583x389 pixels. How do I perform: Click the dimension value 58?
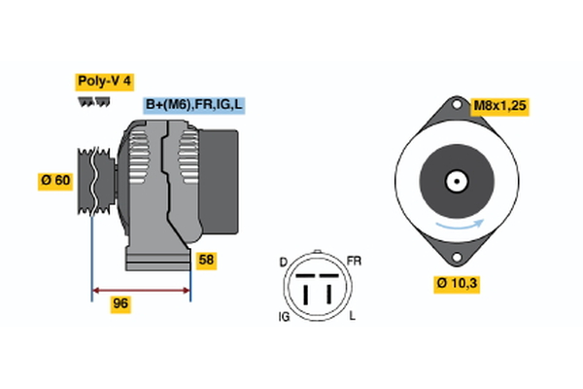pos(206,261)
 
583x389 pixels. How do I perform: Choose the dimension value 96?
pos(120,304)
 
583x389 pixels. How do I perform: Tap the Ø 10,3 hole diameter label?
pos(459,284)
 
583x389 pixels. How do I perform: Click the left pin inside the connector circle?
pos(305,290)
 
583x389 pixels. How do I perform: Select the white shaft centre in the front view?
pos(454,182)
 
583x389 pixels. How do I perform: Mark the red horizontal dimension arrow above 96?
pos(141,289)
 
